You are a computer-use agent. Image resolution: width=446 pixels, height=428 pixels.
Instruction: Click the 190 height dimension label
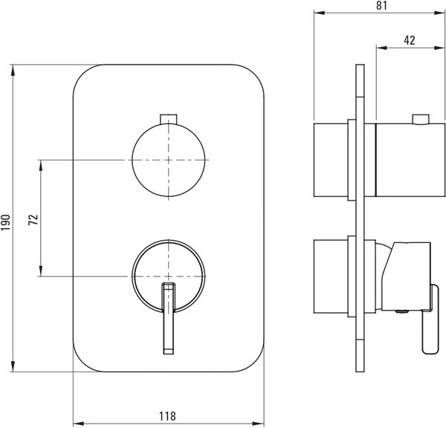(6, 222)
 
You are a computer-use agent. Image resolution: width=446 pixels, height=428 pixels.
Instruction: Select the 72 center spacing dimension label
(33, 219)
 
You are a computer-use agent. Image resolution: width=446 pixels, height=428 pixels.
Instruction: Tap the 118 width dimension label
(167, 416)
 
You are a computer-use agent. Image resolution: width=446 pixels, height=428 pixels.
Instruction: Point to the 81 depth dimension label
(381, 5)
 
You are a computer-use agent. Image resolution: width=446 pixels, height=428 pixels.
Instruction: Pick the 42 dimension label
(410, 40)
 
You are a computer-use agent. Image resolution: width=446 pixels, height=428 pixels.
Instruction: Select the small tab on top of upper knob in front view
(169, 119)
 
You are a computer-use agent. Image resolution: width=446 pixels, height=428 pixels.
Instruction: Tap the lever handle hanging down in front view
(169, 319)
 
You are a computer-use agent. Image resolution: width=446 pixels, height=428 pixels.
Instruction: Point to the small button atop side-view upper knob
(421, 120)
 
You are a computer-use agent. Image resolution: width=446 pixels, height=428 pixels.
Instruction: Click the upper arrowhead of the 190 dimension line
(13, 71)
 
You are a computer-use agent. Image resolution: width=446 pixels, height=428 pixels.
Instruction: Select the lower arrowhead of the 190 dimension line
(13, 366)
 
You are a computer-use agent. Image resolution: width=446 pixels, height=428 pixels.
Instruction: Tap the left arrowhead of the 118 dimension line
(79, 424)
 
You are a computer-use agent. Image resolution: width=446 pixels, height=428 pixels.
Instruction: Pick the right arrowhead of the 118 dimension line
(259, 424)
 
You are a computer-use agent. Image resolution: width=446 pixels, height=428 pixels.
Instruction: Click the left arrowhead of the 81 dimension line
(319, 13)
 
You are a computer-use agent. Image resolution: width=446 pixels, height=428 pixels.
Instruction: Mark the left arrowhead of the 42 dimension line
(382, 48)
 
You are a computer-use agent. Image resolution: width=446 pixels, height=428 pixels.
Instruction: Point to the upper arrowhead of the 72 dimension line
(41, 166)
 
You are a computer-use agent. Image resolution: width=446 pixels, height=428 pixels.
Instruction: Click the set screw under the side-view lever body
(401, 311)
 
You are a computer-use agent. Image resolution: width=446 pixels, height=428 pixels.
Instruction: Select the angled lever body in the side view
(406, 276)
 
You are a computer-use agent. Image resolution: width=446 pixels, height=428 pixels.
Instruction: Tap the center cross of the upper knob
(169, 160)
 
